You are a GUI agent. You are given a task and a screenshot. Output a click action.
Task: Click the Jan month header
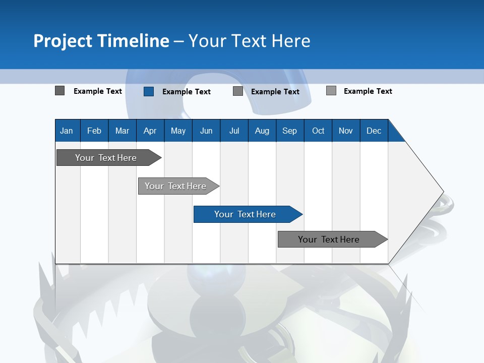67,131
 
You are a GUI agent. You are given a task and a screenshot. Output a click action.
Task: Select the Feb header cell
94,131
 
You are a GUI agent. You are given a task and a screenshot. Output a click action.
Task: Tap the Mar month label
122,131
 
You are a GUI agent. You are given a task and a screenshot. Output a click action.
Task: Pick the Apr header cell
150,131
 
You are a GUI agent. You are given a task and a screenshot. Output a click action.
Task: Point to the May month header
178,131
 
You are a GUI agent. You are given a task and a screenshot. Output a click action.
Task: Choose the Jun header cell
206,131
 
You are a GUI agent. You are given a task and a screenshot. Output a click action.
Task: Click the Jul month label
234,131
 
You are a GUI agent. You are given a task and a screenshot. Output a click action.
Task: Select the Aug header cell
262,131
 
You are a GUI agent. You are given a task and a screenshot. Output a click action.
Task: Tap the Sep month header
290,131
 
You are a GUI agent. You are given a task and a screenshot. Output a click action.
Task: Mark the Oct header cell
318,131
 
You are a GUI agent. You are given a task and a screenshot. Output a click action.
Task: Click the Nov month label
346,131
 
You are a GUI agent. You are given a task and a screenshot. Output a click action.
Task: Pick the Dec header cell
374,131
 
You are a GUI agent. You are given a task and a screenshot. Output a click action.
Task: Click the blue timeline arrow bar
245,214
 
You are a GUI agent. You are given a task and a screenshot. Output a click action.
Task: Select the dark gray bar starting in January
106,158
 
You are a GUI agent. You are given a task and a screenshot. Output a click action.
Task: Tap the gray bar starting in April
175,186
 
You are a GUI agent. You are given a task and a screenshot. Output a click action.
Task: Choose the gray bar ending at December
329,239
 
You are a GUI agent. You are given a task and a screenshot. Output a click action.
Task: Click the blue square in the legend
149,91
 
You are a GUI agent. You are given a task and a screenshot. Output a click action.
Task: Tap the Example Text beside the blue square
187,92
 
